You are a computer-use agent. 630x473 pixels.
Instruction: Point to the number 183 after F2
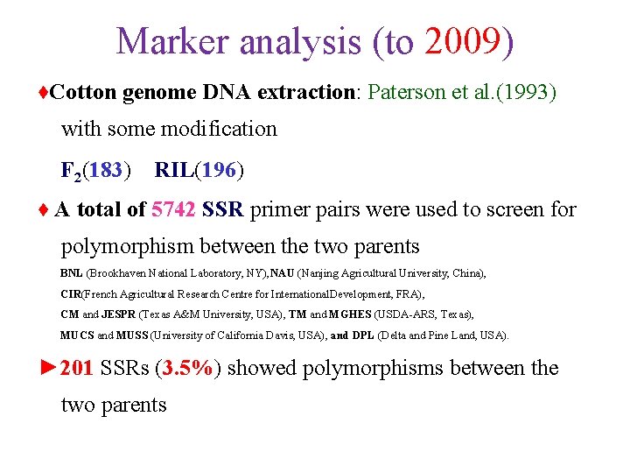105,170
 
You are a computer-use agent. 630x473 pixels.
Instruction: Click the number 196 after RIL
218,170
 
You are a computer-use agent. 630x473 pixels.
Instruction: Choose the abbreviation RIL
173,170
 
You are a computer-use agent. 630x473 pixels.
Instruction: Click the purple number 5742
173,209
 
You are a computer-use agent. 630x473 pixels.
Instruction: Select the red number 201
77,368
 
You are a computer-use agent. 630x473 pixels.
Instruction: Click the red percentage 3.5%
188,368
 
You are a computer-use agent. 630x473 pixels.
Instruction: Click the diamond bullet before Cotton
45,93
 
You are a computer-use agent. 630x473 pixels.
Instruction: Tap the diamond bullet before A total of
45,210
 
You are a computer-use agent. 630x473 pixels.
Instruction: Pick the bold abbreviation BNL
71,273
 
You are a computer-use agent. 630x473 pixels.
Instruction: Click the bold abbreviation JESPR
119,314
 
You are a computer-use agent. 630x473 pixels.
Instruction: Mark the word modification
222,129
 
